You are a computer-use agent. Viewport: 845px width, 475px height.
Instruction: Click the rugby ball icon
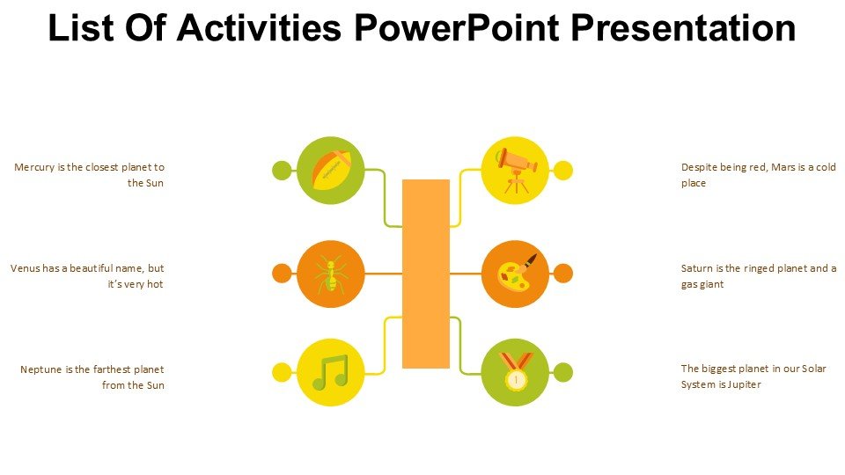pos(331,170)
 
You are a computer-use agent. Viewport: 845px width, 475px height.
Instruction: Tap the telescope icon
pos(517,170)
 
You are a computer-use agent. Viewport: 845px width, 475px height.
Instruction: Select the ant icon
pos(331,274)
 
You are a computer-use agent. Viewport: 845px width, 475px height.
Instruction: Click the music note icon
pos(330,372)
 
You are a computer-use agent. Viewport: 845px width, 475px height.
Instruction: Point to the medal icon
pos(516,370)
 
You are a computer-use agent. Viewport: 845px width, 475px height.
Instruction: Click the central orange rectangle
pos(426,274)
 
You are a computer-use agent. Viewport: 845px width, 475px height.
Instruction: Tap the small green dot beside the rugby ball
pos(282,170)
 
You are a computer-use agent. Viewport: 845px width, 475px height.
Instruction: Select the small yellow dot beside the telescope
pos(563,170)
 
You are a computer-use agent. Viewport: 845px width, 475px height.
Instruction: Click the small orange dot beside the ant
pos(282,273)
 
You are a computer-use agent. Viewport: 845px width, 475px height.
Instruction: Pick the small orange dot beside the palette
pos(563,273)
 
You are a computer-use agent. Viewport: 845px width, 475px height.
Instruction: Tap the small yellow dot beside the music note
pos(282,372)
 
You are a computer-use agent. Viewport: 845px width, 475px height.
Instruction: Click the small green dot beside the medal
pos(563,372)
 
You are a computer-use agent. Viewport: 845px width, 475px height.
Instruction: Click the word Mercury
pos(34,167)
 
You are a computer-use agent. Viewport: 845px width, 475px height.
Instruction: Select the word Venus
pos(25,268)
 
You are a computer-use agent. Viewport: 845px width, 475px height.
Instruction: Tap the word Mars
pos(783,167)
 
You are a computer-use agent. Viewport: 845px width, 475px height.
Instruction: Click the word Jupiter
pos(745,384)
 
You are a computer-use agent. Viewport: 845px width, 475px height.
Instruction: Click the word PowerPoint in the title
pos(457,27)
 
